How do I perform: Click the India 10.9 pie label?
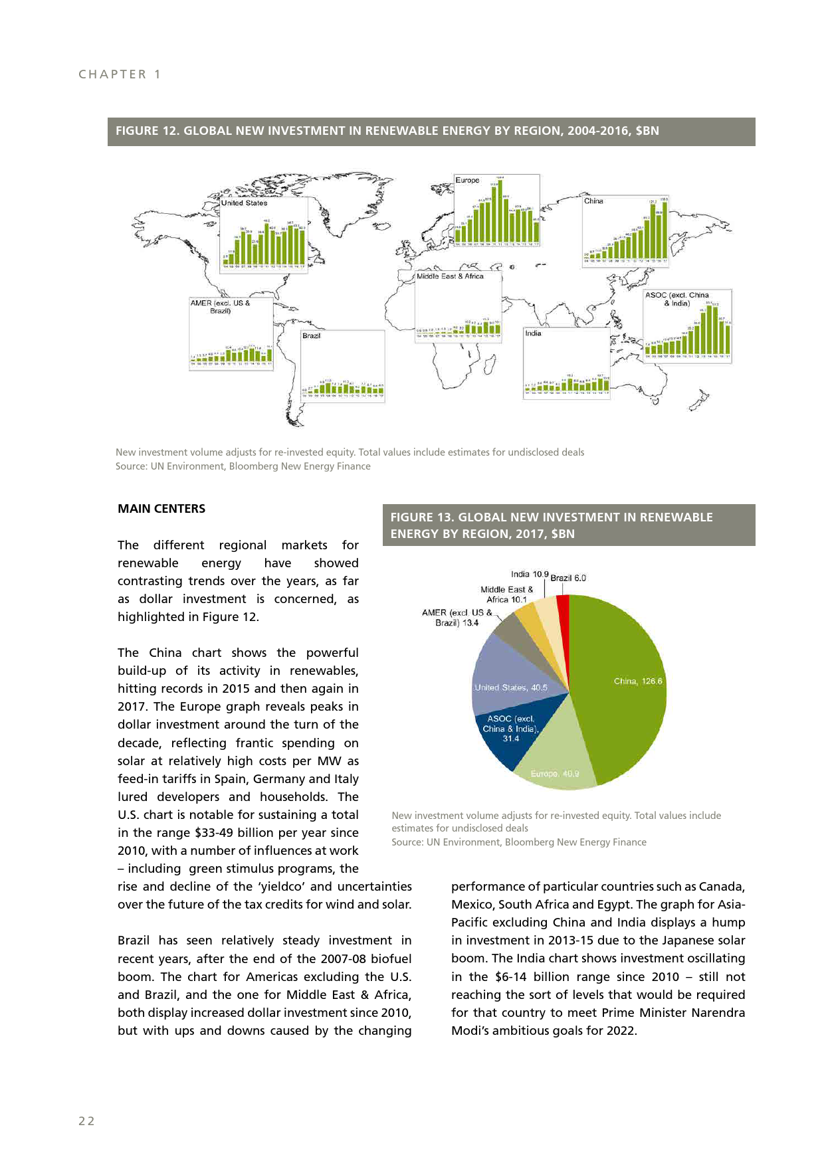pyautogui.click(x=530, y=574)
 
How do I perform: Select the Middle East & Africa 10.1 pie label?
pyautogui.click(x=506, y=594)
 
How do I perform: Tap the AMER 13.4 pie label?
pyautogui.click(x=457, y=618)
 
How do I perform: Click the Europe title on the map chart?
pyautogui.click(x=467, y=180)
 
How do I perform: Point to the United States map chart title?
pyautogui.click(x=244, y=203)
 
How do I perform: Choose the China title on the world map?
pyautogui.click(x=593, y=201)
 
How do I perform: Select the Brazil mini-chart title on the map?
pyautogui.click(x=311, y=335)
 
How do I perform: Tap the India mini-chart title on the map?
pyautogui.click(x=533, y=333)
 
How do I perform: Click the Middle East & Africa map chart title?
pyautogui.click(x=450, y=276)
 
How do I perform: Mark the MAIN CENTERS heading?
pyautogui.click(x=161, y=509)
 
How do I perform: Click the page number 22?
pyautogui.click(x=86, y=1121)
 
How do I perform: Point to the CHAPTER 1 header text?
pyautogui.click(x=120, y=74)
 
